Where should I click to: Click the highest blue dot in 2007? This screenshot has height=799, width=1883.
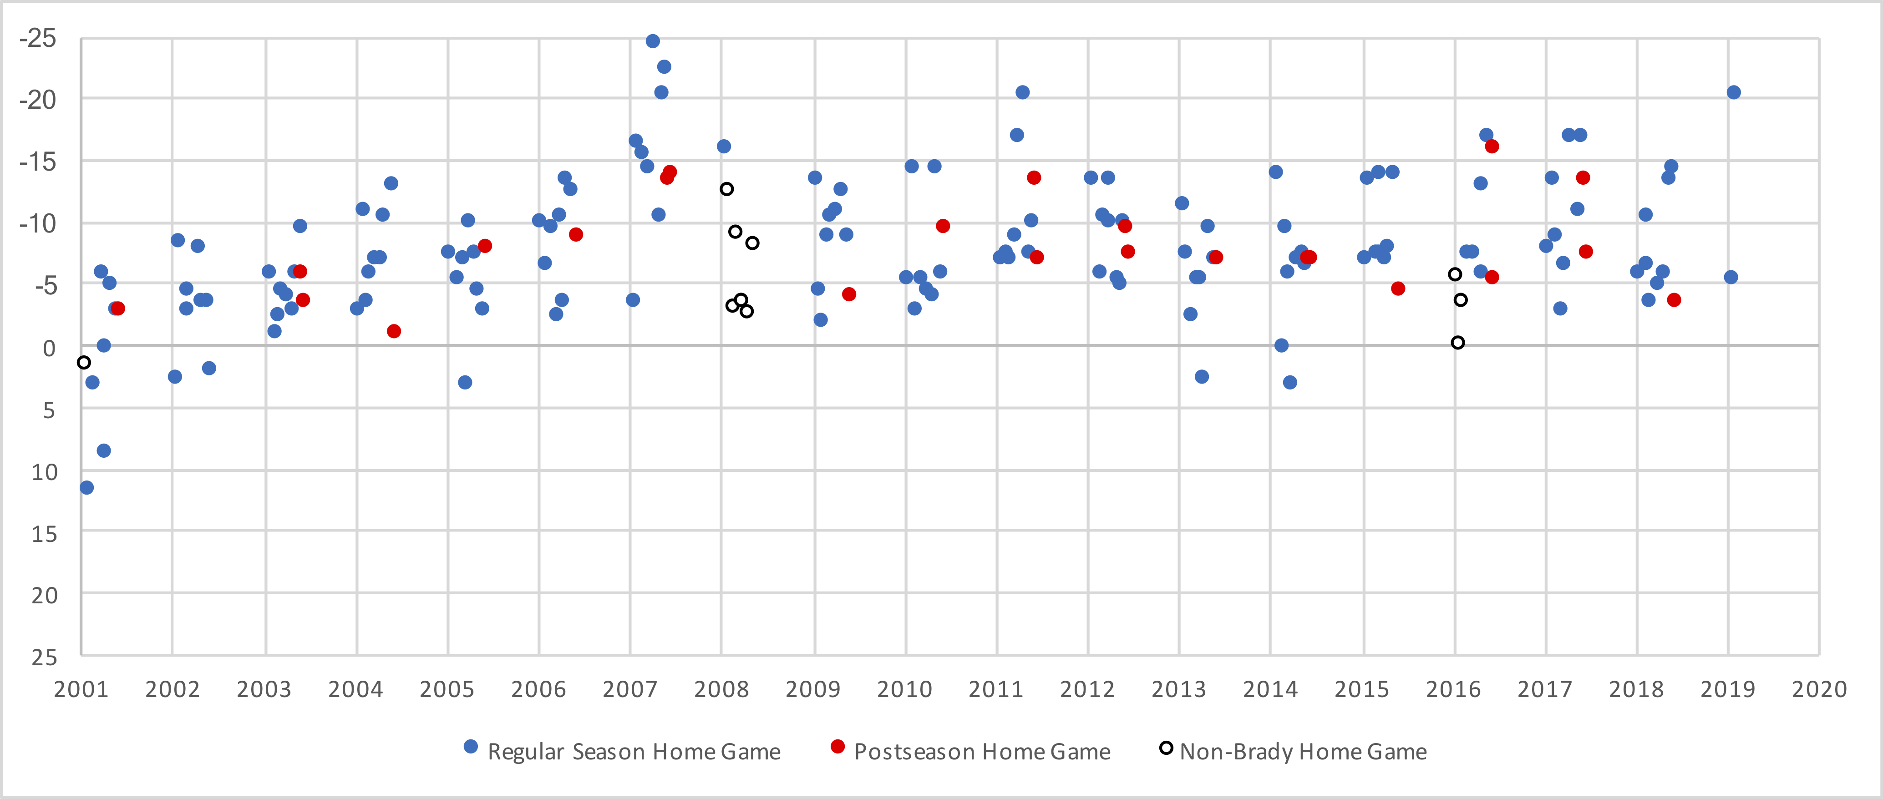(653, 41)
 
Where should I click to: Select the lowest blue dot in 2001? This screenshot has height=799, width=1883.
(86, 488)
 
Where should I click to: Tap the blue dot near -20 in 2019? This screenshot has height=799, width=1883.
(1733, 92)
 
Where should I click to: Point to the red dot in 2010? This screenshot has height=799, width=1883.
(943, 226)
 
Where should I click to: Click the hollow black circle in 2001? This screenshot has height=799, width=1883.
(84, 363)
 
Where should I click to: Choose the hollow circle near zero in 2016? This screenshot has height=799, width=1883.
(1457, 343)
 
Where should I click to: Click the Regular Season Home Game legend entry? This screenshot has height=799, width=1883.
(633, 752)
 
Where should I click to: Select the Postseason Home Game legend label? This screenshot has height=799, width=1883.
(982, 752)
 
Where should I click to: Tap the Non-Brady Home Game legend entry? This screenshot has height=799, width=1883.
(1303, 752)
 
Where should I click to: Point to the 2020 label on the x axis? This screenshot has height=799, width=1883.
(1819, 689)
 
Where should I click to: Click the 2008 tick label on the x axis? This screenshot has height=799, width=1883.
(721, 689)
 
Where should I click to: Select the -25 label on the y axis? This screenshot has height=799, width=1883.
(38, 38)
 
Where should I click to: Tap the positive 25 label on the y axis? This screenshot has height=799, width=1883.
(44, 657)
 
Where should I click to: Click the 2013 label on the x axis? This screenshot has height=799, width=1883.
(1178, 689)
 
